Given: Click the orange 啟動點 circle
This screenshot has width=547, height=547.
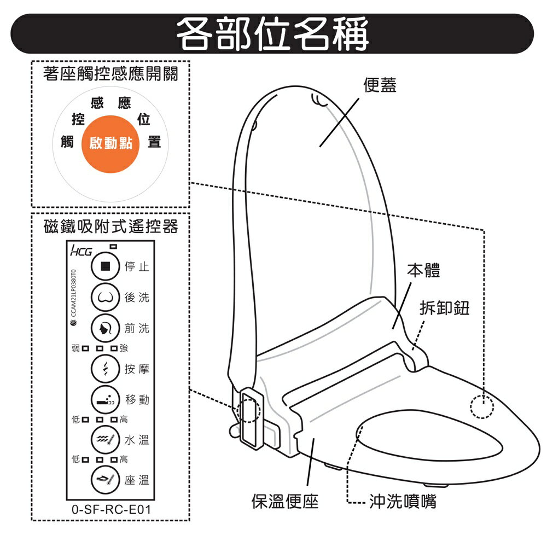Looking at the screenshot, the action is point(110,144).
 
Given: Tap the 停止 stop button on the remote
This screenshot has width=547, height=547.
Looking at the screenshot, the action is point(105,266).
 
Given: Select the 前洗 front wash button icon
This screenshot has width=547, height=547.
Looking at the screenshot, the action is point(105,328).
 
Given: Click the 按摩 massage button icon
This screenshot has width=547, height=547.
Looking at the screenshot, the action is point(105,369).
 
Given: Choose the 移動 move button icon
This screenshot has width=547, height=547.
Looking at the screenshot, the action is point(105,400).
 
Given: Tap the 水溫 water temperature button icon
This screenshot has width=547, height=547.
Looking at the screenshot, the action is point(105,440).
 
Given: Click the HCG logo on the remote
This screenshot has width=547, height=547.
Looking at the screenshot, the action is point(81,251).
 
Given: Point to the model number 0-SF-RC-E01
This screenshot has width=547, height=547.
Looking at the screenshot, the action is point(111,510).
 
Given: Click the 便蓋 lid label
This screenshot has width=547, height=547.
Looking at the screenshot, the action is point(380,85).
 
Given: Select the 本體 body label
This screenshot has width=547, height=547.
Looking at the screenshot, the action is point(423,271).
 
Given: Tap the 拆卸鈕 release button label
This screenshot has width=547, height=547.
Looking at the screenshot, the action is point(444,307).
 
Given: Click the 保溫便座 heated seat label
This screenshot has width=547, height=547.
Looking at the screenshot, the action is point(285,502).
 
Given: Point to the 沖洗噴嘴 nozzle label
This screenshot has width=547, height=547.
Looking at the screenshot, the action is point(403,502).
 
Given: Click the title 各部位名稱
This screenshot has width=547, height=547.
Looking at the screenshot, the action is point(272,33).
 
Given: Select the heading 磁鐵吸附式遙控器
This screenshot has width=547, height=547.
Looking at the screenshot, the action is point(111,226).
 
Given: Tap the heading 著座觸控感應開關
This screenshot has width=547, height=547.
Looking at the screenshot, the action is point(110,74).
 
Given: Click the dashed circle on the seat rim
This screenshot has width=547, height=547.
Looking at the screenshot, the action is point(482,406).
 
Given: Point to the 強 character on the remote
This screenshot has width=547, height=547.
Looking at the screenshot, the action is point(124,348).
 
